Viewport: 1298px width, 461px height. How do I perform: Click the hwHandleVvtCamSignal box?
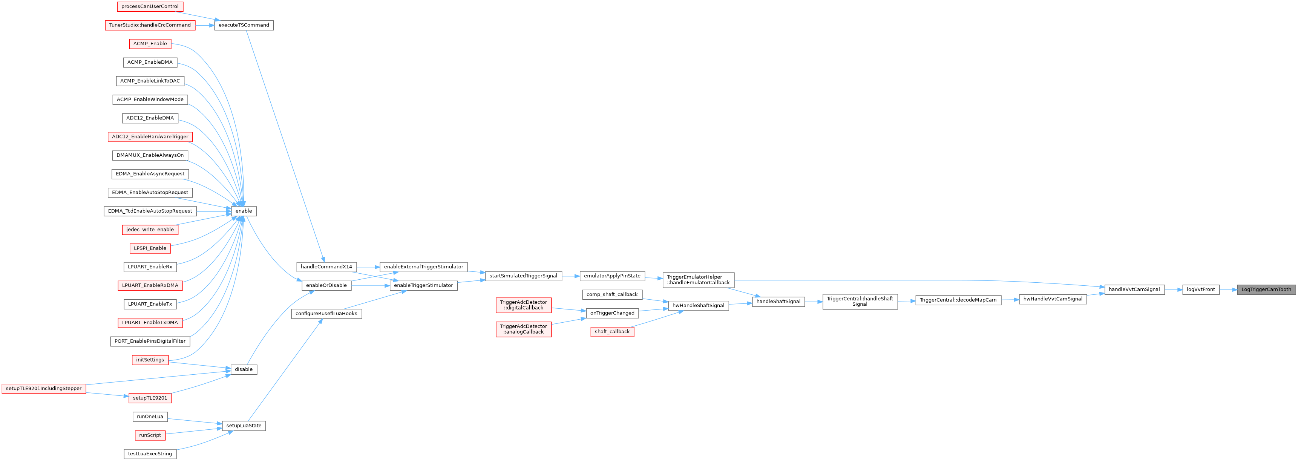coord(1053,299)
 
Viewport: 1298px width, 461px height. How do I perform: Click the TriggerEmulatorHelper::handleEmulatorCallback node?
coord(698,280)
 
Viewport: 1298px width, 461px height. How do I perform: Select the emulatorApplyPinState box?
coord(612,276)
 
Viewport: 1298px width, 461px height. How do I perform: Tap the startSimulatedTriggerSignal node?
coord(523,276)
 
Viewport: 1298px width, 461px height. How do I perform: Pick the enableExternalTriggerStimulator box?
coord(423,267)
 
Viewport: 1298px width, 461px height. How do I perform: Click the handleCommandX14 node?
coord(326,267)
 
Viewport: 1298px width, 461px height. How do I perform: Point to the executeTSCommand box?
coord(244,25)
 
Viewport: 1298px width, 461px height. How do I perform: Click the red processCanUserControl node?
coord(150,6)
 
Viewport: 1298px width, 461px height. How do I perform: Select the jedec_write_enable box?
coord(150,230)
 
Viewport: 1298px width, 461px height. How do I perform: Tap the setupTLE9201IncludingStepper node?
coord(43,389)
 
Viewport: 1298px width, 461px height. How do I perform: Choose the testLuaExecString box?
coord(150,454)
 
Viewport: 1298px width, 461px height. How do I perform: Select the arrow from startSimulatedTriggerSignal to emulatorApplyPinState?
coord(570,276)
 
